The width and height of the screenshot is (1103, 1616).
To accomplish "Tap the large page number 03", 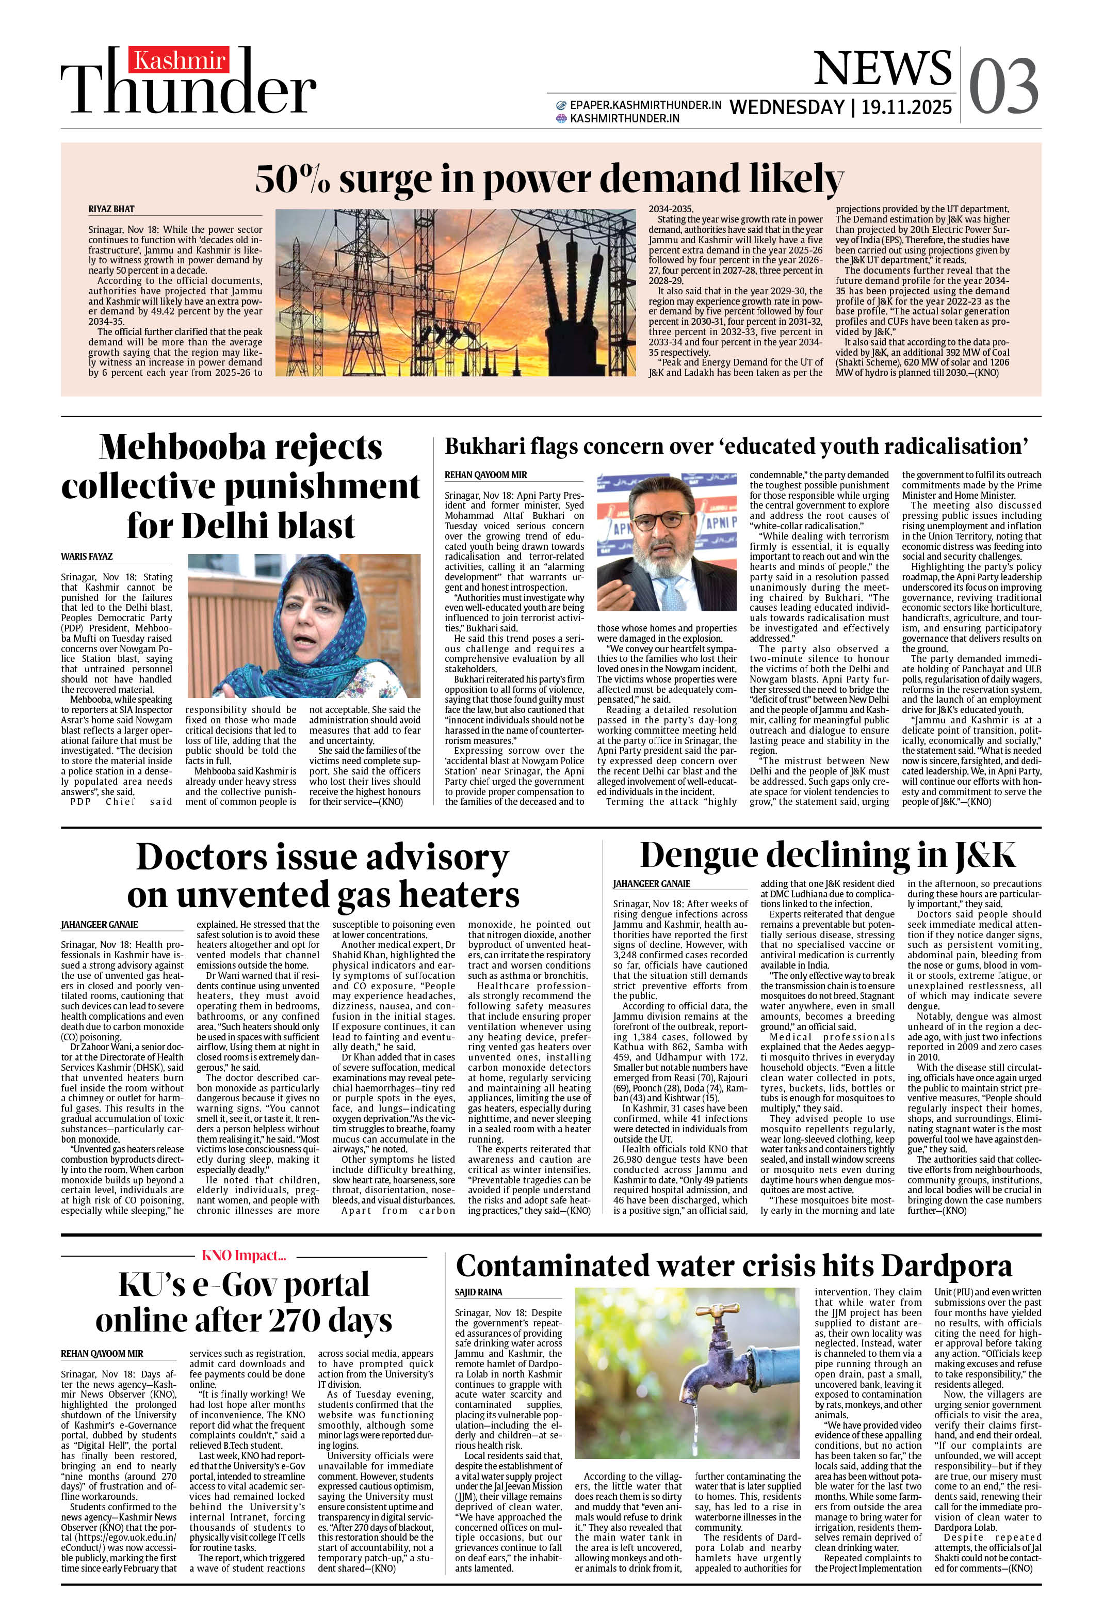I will (x=1003, y=86).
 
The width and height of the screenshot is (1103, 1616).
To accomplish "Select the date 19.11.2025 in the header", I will (x=906, y=107).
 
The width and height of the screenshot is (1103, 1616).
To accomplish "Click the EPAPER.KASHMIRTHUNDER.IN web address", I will (x=644, y=106).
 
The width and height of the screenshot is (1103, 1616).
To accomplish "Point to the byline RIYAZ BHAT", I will (x=111, y=209).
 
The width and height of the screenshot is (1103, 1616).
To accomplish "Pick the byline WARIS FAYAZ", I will (x=87, y=556).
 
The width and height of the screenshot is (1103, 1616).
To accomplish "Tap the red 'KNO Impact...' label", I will (x=244, y=1255).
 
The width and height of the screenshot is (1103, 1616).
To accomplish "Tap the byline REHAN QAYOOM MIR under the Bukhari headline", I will (x=486, y=475).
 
